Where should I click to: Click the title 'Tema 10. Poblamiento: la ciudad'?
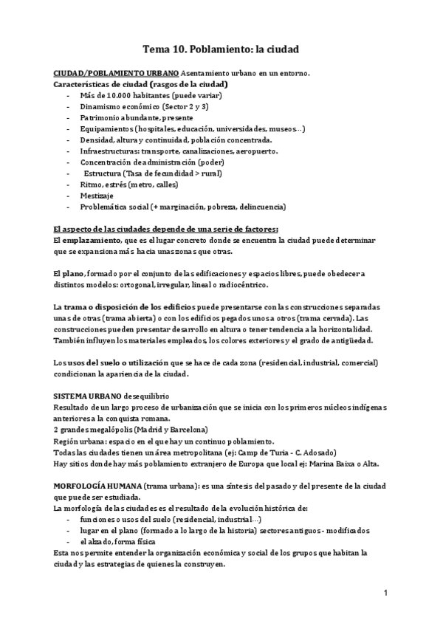(221, 49)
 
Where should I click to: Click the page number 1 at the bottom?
(386, 593)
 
